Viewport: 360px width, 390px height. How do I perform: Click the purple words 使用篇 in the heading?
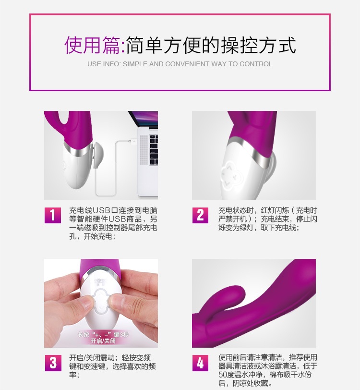tap(92, 45)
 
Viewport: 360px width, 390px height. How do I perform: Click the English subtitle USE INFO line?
tap(180, 64)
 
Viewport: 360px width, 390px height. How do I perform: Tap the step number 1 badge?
tap(53, 215)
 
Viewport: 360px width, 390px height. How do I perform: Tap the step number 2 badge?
tap(200, 215)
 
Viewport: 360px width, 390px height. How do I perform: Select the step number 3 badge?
tap(53, 363)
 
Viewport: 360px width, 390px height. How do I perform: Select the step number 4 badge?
tap(200, 363)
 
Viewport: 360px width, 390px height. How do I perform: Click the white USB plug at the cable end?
tap(133, 142)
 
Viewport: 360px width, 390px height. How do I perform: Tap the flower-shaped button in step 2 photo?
tap(230, 173)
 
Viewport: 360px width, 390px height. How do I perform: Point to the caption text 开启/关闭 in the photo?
tap(103, 341)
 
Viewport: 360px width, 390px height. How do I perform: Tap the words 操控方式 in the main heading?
tap(259, 45)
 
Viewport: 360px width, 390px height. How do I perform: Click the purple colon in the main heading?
tap(122, 47)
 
